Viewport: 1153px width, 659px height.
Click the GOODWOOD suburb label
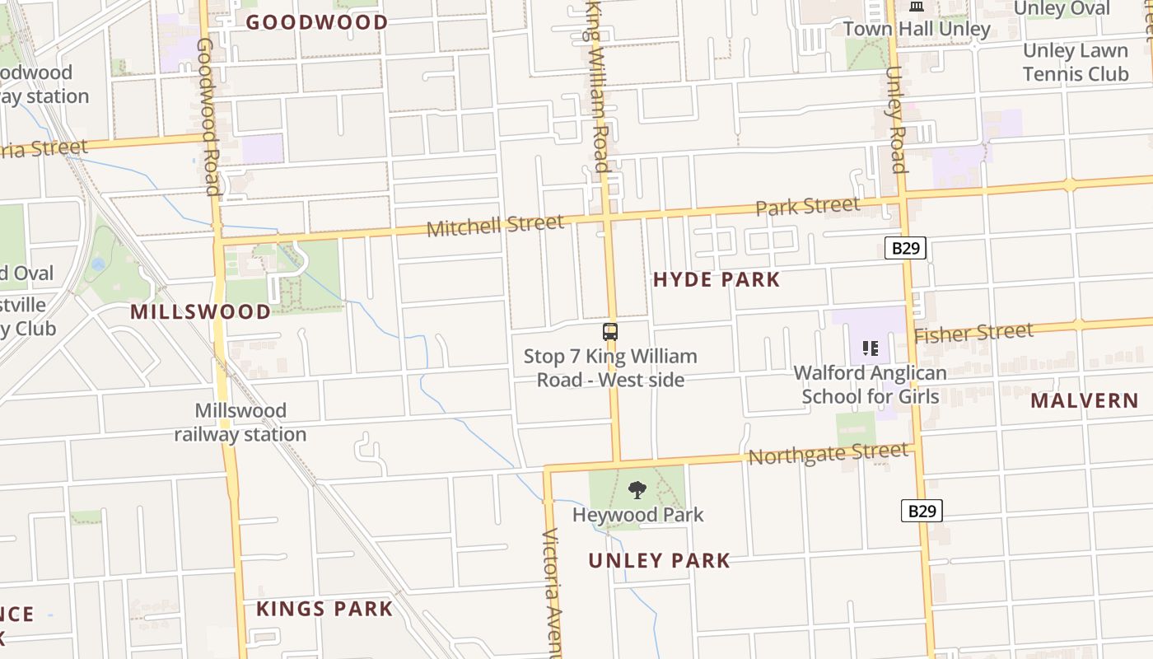coord(316,22)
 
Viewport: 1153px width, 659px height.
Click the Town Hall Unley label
coord(916,29)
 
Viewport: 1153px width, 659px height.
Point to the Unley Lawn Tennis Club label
coord(1075,63)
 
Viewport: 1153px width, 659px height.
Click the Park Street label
coord(807,206)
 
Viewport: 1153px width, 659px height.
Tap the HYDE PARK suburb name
coord(716,279)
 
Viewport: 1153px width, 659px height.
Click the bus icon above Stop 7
coord(610,332)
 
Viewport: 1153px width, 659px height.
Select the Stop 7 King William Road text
coord(610,367)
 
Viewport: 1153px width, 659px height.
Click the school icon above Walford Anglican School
coord(870,348)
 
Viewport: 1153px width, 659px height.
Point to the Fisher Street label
coord(973,333)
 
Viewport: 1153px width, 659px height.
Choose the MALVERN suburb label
coord(1084,401)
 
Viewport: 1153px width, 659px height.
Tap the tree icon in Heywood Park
coord(637,490)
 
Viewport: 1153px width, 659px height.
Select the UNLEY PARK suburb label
coord(659,561)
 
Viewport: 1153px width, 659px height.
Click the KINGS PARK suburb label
coord(324,609)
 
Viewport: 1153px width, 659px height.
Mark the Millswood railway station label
coord(240,423)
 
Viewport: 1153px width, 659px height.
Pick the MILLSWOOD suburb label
coord(200,312)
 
